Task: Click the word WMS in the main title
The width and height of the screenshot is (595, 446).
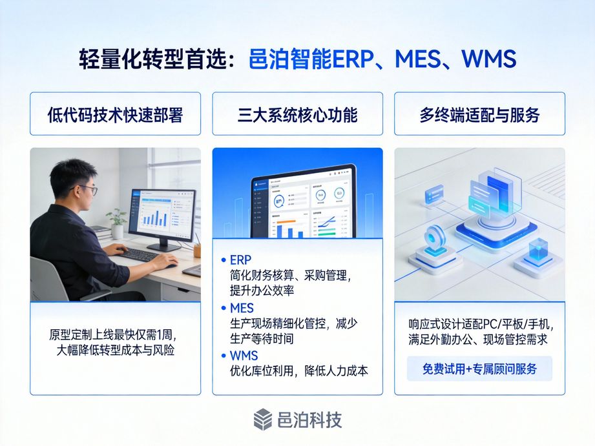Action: point(488,59)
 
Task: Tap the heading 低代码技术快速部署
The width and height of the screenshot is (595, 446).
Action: point(115,115)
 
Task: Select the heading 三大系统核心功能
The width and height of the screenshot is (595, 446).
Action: point(297,115)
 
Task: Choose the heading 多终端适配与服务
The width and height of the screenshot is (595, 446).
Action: point(479,115)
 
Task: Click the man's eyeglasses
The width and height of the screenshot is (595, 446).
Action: point(86,190)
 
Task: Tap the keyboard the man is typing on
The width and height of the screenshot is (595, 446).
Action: point(140,254)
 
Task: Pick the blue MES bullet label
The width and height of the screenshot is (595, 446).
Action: point(242,307)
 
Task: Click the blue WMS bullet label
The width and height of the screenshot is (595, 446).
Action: point(244,356)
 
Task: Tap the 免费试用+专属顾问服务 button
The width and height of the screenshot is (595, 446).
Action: point(479,369)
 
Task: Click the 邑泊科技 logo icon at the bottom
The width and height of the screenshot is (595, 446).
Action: point(262,420)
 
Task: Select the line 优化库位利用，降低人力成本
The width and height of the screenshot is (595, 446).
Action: point(298,371)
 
